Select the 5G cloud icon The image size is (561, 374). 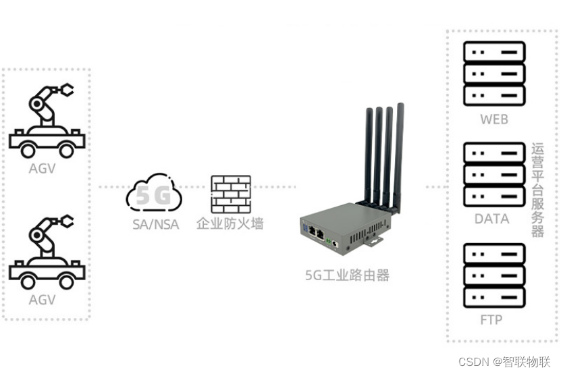tap(154, 195)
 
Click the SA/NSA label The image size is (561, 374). tap(154, 224)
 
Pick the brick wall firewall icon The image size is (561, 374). tap(231, 194)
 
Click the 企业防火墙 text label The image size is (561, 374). tap(230, 223)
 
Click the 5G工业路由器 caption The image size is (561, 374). tap(347, 275)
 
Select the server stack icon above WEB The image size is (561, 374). tap(494, 73)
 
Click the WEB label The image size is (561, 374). tap(494, 119)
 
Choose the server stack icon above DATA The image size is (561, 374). tap(494, 175)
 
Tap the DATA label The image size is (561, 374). tap(492, 219)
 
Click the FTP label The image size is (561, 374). tap(491, 319)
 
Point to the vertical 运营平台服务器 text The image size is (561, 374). tap(537, 190)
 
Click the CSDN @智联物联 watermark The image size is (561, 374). tap(505, 362)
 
